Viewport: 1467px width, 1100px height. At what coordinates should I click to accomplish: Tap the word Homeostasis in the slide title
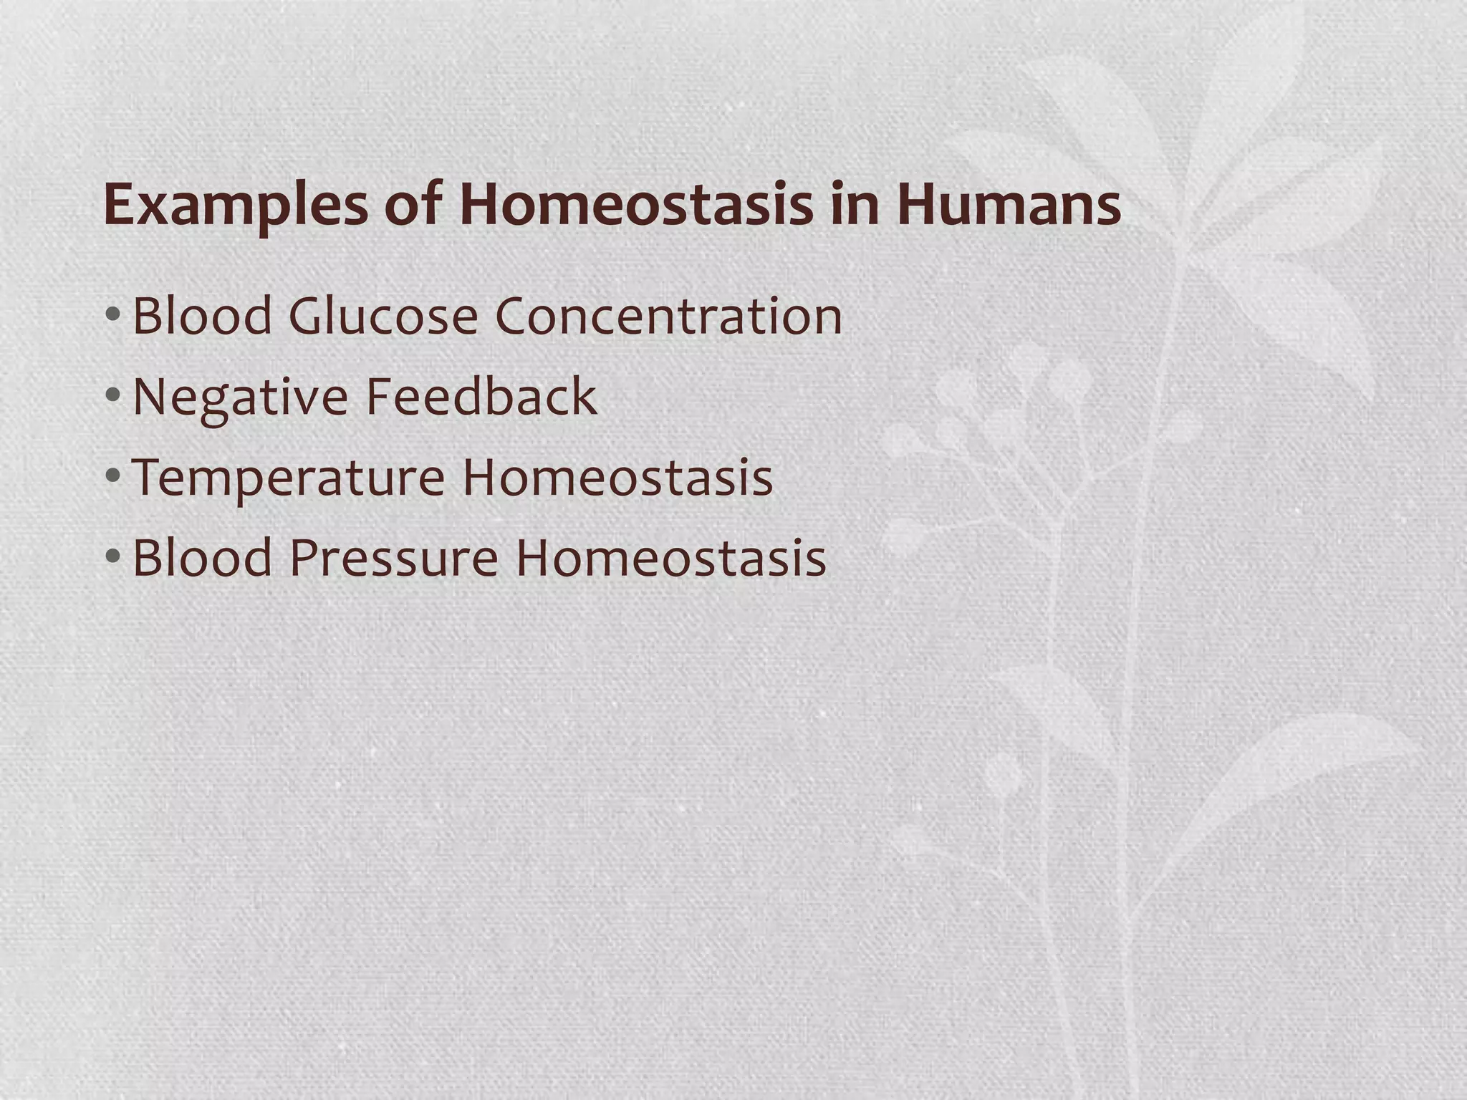[635, 205]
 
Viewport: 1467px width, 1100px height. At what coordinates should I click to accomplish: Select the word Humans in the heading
[1009, 205]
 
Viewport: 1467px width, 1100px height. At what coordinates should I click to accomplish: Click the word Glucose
[383, 316]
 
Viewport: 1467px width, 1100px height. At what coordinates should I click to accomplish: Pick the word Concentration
[668, 316]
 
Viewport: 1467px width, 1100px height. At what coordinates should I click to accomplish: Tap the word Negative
[241, 397]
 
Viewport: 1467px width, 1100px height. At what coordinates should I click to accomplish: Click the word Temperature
[288, 478]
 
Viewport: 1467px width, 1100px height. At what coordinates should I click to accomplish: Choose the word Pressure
[394, 558]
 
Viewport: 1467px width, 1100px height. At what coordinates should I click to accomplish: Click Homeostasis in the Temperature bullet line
[617, 477]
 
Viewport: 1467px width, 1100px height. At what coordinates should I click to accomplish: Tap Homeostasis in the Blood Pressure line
[671, 558]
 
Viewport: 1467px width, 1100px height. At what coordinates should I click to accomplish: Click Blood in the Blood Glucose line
[203, 316]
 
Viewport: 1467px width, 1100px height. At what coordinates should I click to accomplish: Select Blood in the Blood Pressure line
[203, 558]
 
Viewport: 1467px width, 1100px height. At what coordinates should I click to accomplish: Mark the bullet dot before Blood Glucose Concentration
[112, 314]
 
